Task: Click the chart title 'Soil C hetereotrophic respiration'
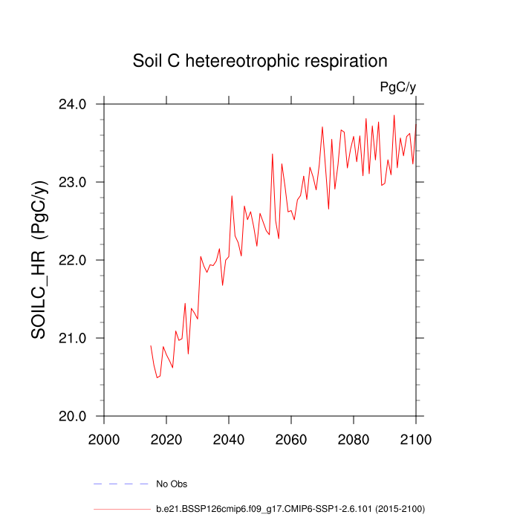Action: coord(260,60)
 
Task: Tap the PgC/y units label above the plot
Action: coord(397,88)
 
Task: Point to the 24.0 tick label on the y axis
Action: coord(74,104)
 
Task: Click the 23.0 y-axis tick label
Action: coord(74,182)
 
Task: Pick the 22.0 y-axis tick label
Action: coord(74,260)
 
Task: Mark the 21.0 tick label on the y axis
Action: coord(74,338)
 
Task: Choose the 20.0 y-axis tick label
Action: coord(74,416)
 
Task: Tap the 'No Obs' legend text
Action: coord(171,484)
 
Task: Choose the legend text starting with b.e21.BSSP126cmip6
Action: coord(290,509)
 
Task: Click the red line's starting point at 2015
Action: coord(151,345)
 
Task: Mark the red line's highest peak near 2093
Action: coord(394,115)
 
